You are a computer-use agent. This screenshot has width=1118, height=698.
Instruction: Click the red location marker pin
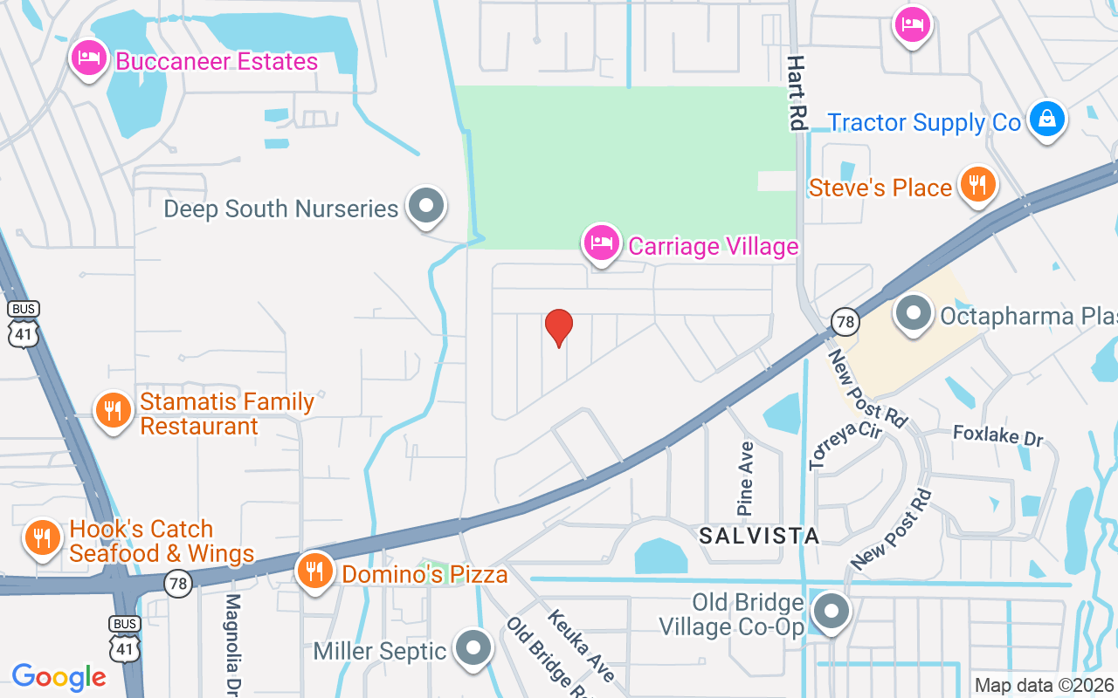(559, 327)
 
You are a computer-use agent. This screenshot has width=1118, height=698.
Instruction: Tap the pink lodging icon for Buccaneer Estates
(88, 58)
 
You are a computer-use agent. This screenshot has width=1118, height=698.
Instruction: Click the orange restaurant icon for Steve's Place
(978, 185)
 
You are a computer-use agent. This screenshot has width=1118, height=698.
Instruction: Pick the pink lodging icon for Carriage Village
(601, 243)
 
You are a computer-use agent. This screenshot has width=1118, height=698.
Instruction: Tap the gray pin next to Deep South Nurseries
(426, 207)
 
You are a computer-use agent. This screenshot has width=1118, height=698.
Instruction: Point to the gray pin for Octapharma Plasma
(914, 313)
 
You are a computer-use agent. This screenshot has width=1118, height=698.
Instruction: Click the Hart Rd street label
(796, 92)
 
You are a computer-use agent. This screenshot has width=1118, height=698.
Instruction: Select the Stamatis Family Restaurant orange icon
(113, 410)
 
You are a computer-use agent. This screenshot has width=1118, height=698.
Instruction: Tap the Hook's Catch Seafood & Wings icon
(41, 537)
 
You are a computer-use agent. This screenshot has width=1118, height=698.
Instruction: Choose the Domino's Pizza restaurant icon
(314, 571)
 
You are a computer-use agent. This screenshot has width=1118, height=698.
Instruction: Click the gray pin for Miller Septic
(474, 648)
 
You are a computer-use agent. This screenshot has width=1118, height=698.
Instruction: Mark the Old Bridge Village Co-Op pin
(832, 612)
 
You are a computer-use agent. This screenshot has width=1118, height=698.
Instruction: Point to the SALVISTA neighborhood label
(759, 536)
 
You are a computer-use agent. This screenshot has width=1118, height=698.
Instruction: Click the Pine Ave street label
(745, 477)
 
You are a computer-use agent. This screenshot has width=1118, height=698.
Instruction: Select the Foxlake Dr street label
(997, 435)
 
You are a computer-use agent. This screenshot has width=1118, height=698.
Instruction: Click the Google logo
(59, 677)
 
